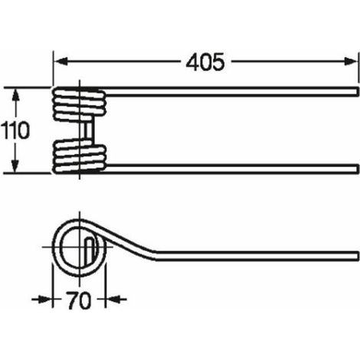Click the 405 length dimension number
205,62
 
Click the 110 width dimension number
15,130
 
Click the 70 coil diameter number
79,300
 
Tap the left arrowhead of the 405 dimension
61,61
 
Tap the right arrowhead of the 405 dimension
350,61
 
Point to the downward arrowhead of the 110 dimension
15,165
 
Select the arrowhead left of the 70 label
45,299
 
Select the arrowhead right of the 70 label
113,299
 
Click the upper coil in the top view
79,103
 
